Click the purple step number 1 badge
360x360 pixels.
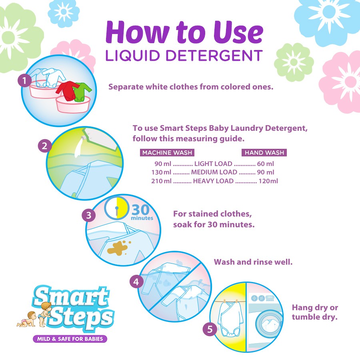pyautogui.click(x=24, y=80)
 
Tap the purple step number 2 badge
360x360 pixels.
pyautogui.click(x=45, y=146)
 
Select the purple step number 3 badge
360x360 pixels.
pyautogui.click(x=89, y=215)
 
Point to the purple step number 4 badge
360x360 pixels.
pyautogui.click(x=136, y=282)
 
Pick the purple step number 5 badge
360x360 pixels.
pyautogui.click(x=210, y=330)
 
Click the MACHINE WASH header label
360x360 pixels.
pyautogui.click(x=167, y=153)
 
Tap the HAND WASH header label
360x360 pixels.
pyautogui.click(x=264, y=153)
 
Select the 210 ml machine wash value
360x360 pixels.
pyautogui.click(x=161, y=181)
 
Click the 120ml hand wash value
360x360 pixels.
pyautogui.click(x=268, y=181)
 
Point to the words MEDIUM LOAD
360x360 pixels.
pyautogui.click(x=214, y=172)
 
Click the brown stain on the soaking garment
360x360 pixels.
pyautogui.click(x=118, y=248)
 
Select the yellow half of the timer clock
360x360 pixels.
pyautogui.click(x=122, y=208)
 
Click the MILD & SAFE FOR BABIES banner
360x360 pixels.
pyautogui.click(x=70, y=339)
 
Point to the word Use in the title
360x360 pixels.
pyautogui.click(x=238, y=32)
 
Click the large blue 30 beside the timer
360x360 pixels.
pyautogui.click(x=140, y=209)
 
